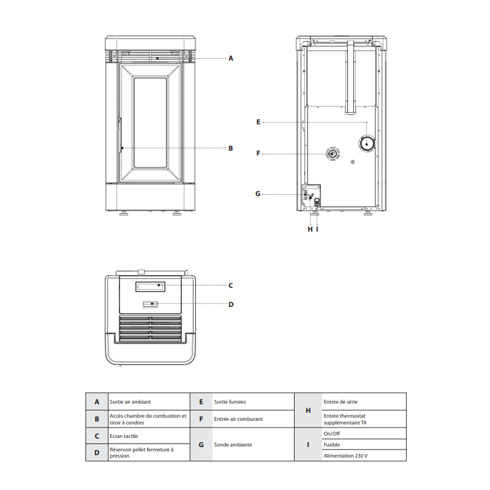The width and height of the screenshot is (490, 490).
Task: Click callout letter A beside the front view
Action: coord(231,58)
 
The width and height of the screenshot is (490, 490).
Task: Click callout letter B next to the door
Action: coord(231,148)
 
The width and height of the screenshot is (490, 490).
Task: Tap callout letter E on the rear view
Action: coord(258,122)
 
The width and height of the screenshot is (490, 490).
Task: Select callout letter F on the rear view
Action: coord(258,154)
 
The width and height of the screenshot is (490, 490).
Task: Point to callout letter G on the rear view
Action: coord(258,194)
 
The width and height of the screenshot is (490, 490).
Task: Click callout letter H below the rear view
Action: coord(310,229)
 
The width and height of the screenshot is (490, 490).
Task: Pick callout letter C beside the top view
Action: coord(231,285)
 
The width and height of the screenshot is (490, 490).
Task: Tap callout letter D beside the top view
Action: coord(231,304)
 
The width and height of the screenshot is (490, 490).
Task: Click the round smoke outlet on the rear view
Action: coord(367,144)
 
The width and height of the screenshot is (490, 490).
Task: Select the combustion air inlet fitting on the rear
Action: coord(333,154)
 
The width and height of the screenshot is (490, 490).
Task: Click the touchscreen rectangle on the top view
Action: coord(150,287)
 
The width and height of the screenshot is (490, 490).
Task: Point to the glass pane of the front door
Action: coord(150,123)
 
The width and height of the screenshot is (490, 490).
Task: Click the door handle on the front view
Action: coord(119,135)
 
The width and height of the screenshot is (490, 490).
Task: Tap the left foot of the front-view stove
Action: coord(124,213)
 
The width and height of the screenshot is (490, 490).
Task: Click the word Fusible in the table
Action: coord(332,445)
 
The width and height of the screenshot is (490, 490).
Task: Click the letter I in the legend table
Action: coord(308,445)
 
